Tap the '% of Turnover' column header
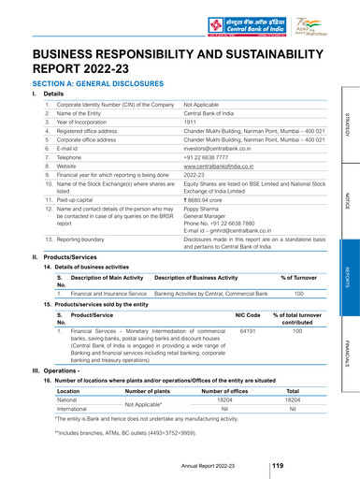[299, 305]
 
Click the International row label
[66, 435]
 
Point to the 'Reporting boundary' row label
[82, 267]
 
